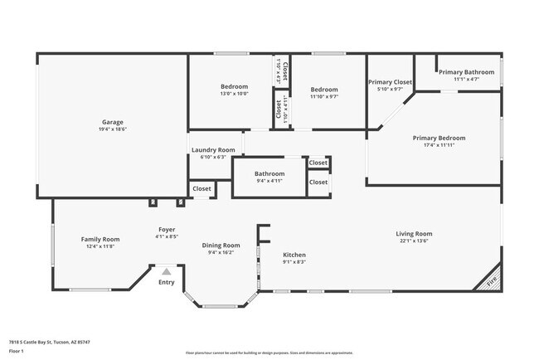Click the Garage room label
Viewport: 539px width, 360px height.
tap(113, 122)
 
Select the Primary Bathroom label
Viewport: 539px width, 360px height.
tap(466, 72)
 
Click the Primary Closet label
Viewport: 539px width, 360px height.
tap(390, 82)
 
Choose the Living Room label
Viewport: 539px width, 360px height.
tap(414, 234)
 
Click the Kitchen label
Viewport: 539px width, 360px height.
tap(294, 255)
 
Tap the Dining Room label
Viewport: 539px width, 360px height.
tap(221, 246)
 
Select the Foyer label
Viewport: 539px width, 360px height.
tap(167, 229)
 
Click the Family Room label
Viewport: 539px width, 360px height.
tap(100, 239)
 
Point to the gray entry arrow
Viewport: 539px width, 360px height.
tap(167, 270)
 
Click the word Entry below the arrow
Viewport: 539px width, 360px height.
tap(167, 282)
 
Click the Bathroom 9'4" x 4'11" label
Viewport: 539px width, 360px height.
tap(269, 173)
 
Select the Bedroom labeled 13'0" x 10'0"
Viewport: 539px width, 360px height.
tap(235, 86)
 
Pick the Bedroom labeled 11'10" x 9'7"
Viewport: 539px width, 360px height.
tap(324, 90)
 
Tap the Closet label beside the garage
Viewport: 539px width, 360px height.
tap(202, 189)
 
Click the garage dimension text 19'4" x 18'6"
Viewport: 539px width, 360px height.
tap(113, 129)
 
